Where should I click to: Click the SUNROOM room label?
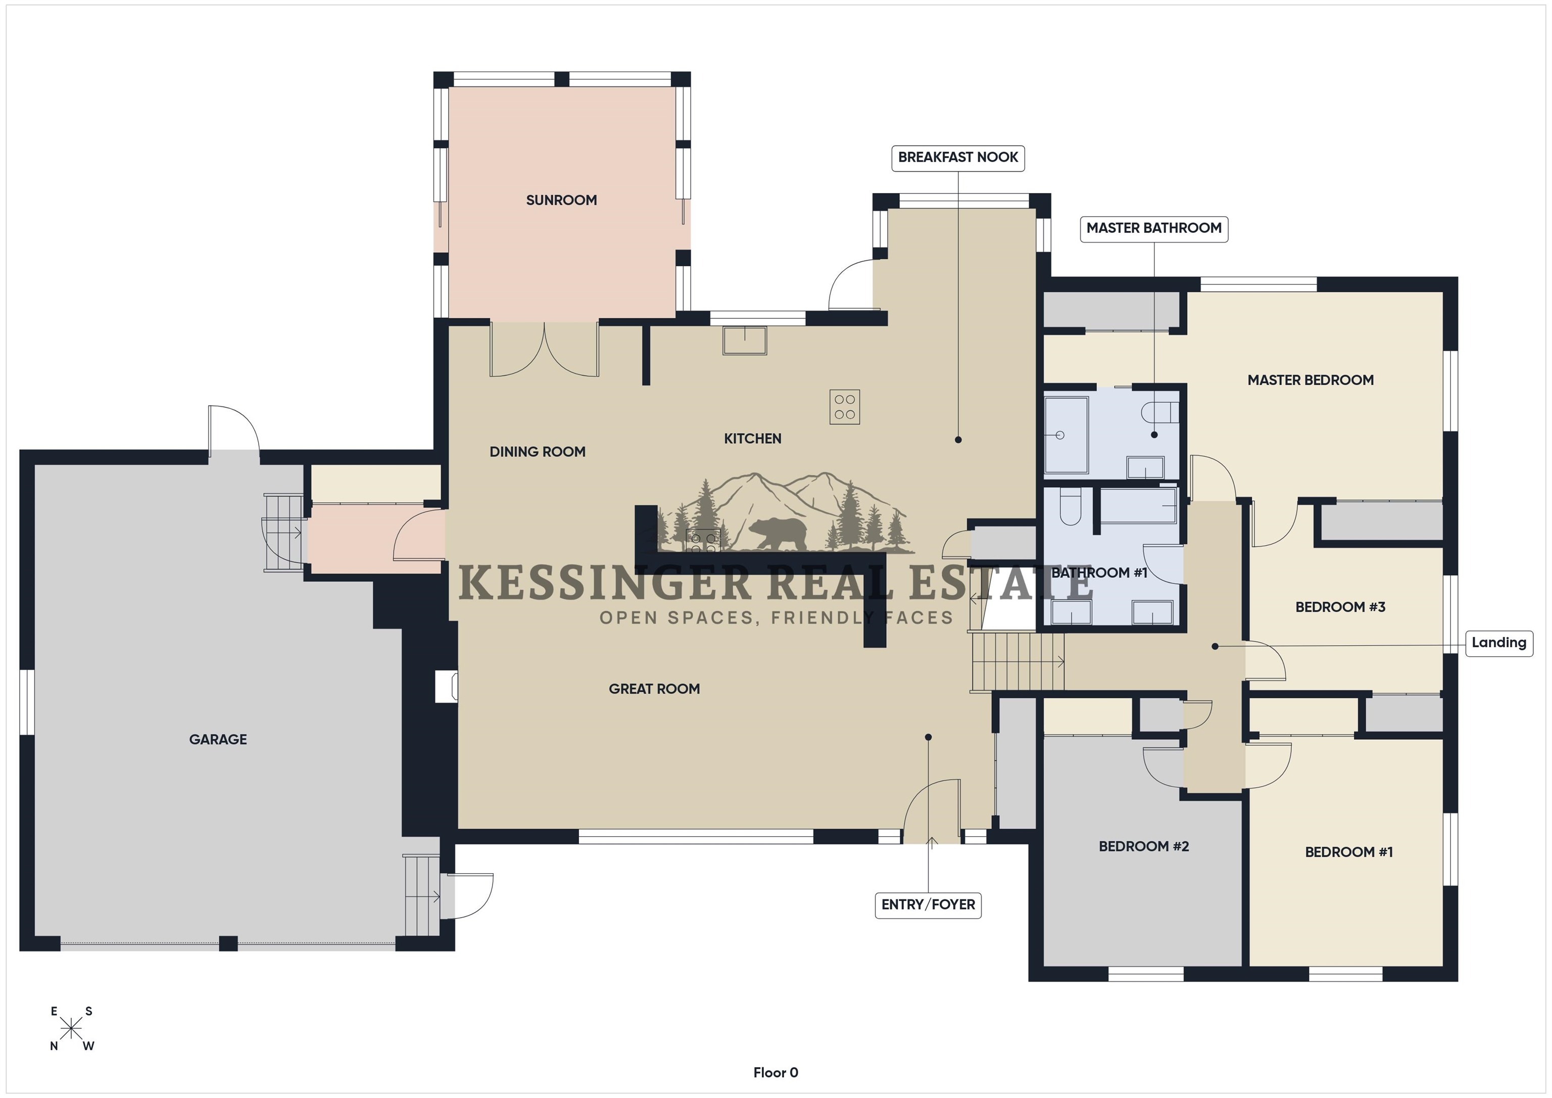(561, 200)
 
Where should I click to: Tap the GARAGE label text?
(218, 740)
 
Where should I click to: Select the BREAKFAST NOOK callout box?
(958, 158)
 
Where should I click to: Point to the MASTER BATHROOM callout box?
(1154, 228)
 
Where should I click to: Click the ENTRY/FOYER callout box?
(928, 904)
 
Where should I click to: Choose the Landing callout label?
(1498, 643)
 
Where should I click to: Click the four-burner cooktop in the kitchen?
(845, 407)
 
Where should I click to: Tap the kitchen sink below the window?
(745, 341)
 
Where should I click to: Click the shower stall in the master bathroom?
(1066, 435)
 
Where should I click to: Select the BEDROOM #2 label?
(1144, 846)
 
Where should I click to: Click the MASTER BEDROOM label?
(1311, 380)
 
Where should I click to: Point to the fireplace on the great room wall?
(446, 686)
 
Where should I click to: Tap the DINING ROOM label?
(538, 452)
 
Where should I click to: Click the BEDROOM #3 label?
(1340, 607)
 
